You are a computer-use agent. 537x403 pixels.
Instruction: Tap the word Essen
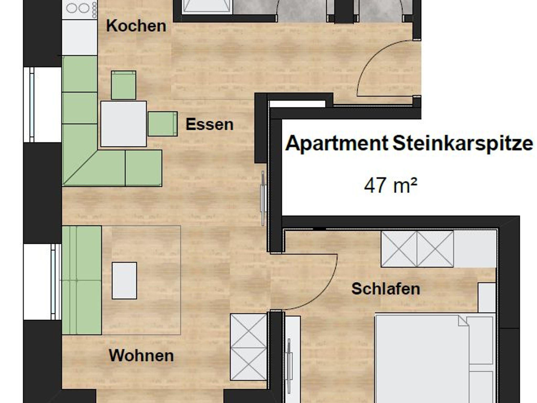(x=210, y=124)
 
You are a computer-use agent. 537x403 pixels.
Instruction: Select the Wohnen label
(x=141, y=356)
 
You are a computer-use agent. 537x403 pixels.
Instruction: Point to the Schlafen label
(x=386, y=289)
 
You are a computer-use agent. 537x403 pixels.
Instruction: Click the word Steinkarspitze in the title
(x=463, y=144)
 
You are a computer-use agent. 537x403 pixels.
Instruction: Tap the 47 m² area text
(x=390, y=186)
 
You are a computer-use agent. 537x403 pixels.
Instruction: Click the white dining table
(x=123, y=124)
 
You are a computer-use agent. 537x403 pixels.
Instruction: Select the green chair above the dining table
(x=123, y=85)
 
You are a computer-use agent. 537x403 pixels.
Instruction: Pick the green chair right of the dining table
(x=163, y=124)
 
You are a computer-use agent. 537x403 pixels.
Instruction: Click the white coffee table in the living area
(x=124, y=281)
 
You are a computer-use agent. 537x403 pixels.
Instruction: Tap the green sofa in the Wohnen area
(x=82, y=280)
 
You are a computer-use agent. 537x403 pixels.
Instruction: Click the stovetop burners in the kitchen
(x=79, y=9)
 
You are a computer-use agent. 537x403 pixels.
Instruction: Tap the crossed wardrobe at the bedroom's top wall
(x=417, y=249)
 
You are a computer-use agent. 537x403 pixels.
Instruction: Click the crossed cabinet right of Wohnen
(x=249, y=347)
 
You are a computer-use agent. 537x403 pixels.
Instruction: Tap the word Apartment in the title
(x=337, y=144)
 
